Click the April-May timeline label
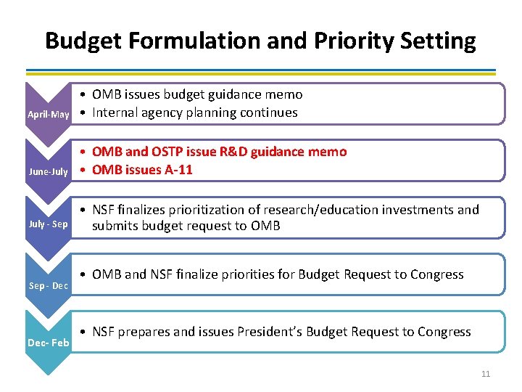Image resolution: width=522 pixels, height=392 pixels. tap(48, 115)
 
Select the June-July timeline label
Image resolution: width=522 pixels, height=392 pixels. tap(48, 172)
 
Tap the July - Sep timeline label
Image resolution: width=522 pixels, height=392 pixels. tap(48, 224)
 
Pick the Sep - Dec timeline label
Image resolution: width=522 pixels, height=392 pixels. tap(48, 285)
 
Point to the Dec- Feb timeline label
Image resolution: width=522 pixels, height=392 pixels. tap(48, 342)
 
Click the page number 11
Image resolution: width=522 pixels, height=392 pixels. tap(485, 374)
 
